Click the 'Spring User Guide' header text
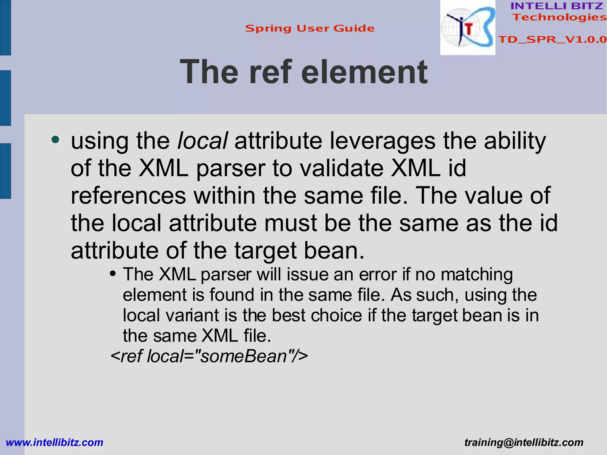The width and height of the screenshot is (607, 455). coord(310,28)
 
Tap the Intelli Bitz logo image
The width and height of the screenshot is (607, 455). coord(468,28)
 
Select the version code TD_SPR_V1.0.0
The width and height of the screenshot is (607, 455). coord(552,39)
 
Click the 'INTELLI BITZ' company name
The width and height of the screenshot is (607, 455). coord(557,6)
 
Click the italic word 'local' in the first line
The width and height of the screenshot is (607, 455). coord(203,141)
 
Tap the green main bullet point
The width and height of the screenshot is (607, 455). coord(55,139)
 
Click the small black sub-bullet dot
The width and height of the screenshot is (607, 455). coord(112,273)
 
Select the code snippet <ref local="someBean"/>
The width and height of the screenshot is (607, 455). coord(209,356)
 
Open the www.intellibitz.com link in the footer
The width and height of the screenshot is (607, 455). coord(55,442)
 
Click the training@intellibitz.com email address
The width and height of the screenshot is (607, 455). coord(524,442)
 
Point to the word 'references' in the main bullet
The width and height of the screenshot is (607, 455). coord(128,196)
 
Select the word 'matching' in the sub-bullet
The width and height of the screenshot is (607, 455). coord(477,274)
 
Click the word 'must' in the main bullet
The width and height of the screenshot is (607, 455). coord(290,223)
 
